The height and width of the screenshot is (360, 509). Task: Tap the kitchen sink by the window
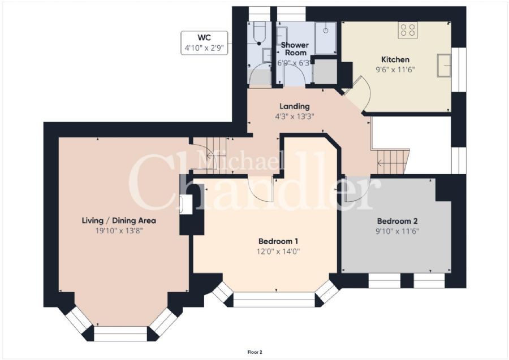[445, 65]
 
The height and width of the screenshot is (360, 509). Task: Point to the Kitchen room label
[395, 59]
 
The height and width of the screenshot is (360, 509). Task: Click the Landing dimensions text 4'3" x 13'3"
[294, 116]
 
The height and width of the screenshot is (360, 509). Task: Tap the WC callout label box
[204, 43]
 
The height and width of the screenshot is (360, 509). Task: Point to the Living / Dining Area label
[119, 220]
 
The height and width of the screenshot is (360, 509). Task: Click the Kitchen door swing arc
[362, 90]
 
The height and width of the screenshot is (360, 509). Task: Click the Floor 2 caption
[255, 352]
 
